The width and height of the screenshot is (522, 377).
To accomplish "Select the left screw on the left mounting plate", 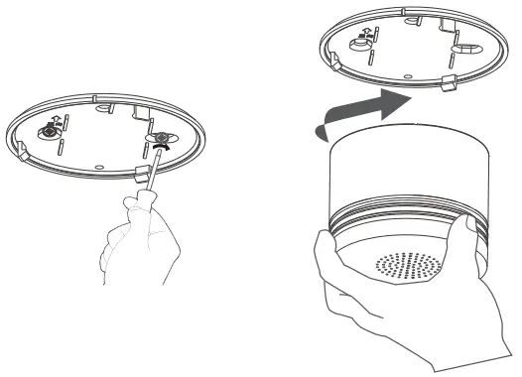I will tap(47, 132).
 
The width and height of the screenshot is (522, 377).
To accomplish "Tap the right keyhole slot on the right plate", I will tap(463, 47).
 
